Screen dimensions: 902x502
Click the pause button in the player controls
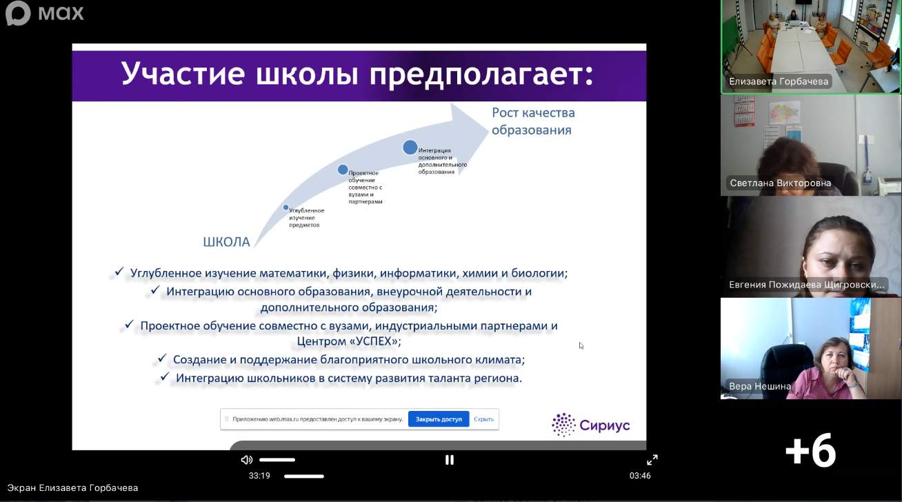450,460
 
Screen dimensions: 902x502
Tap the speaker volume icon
246,460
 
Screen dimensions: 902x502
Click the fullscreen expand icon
652,460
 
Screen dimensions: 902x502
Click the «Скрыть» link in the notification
483,419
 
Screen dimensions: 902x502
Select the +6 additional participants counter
810,450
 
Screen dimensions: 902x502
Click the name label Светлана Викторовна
781,183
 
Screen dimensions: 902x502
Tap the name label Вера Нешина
760,386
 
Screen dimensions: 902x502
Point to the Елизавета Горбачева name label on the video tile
779,81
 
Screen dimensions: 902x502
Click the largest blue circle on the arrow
410,148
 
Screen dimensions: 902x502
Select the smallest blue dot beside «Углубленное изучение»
285,208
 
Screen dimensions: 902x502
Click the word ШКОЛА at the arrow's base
226,242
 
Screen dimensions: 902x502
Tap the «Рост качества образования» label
533,121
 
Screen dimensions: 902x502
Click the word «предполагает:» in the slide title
481,74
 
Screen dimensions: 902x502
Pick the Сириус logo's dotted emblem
563,425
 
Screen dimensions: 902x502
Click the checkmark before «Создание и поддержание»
162,358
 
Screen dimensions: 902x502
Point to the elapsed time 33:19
259,476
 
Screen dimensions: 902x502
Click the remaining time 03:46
640,476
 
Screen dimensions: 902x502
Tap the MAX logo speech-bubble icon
18,12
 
